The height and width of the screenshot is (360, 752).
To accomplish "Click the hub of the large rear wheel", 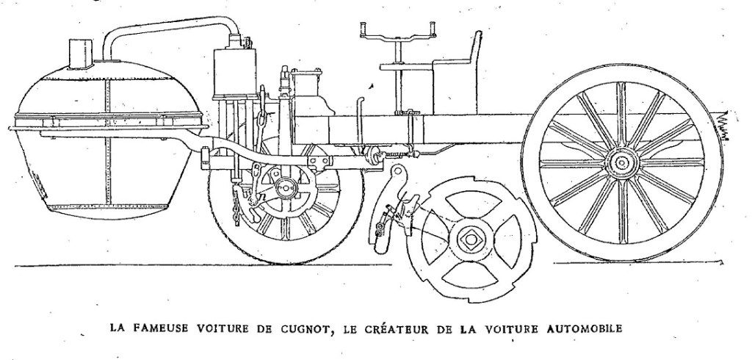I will click(621, 162).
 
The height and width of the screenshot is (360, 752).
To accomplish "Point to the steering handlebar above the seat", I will click(397, 33).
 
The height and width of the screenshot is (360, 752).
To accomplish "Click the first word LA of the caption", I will click(116, 330).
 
